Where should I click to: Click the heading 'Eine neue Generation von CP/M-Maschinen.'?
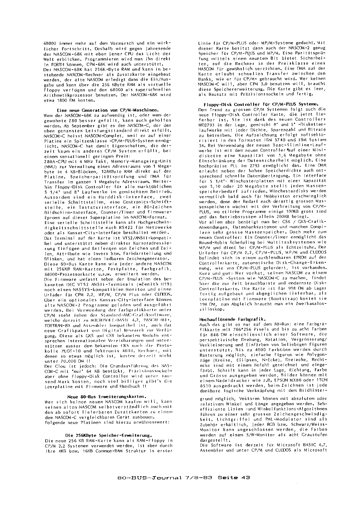tap(107, 110)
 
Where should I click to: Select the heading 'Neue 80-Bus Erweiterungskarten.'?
tap(107, 396)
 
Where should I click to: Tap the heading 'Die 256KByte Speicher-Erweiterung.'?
tap(108, 435)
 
